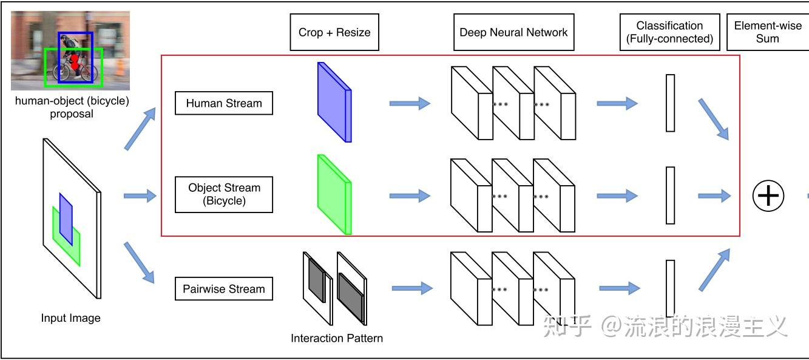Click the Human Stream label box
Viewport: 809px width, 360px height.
223,103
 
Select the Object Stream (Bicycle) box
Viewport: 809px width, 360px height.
223,194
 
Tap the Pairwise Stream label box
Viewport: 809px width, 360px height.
223,289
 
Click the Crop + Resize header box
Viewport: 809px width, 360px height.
334,32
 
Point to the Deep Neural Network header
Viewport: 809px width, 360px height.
513,32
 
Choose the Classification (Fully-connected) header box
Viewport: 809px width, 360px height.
669,32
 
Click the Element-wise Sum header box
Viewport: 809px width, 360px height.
767,32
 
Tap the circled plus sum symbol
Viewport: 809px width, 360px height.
768,195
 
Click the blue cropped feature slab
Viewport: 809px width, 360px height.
334,102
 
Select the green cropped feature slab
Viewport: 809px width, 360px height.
334,194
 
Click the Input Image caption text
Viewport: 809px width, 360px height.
70,318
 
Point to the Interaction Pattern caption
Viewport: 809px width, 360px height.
337,338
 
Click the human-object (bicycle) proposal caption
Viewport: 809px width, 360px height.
72,107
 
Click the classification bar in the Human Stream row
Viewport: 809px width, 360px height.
670,103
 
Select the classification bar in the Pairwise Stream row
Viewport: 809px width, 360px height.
670,288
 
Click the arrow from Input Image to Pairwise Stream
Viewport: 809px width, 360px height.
139,262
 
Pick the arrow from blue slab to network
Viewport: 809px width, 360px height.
409,103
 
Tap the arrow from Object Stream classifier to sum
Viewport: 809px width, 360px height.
714,195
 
